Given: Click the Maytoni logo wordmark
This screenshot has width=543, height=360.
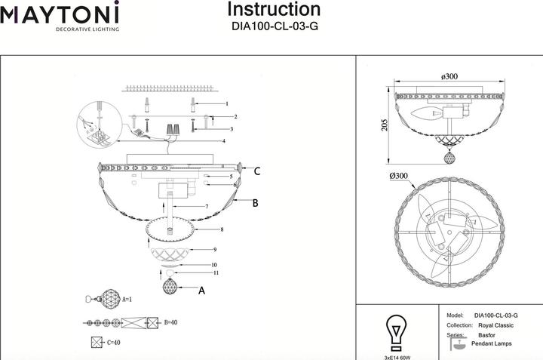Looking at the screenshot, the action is pos(60,13).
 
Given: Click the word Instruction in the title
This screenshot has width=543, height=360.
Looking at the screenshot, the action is pos(274,9).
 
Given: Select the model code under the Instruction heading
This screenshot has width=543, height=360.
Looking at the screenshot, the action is pos(275,26).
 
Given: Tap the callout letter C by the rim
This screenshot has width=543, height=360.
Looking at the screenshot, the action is pos(257,171).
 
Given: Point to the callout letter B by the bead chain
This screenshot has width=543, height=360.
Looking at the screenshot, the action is pos(255,203).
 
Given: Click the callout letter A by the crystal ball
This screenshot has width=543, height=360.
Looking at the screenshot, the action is pos(201,291).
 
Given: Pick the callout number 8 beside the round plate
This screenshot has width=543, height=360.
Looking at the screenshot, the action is pos(222,229).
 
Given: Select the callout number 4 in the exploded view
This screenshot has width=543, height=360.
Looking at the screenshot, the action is pos(224,141).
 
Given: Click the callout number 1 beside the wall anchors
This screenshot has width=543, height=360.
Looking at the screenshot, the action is pos(227,103).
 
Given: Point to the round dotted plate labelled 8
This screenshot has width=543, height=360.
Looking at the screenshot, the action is pos(170,229).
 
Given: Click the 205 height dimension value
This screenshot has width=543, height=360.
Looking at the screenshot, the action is pos(385,125).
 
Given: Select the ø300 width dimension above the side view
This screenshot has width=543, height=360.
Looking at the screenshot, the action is pos(449,76).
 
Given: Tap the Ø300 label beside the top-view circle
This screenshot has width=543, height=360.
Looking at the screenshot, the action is pos(399,176).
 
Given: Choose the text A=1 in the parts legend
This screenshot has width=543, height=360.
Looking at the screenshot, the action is pos(127,300).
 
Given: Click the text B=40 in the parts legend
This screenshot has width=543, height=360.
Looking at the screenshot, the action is pos(170,322).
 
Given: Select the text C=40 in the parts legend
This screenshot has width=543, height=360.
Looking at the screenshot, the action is pos(114,343).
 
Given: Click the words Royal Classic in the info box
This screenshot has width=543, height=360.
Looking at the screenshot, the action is pos(496,325).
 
